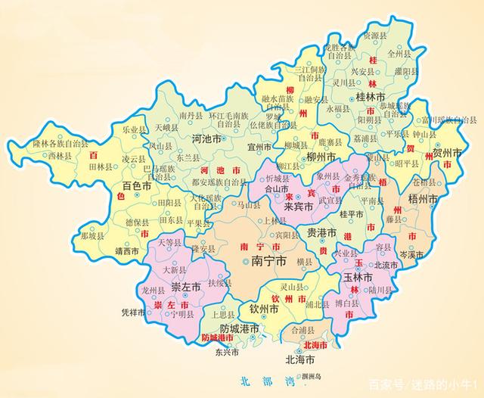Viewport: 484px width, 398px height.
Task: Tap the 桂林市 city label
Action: [x=371, y=98]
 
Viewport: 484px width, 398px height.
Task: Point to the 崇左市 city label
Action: [x=185, y=288]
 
